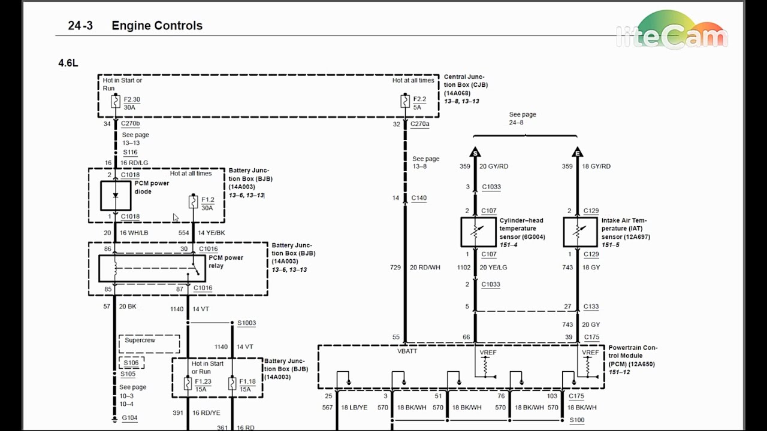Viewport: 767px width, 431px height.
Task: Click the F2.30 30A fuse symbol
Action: tap(116, 102)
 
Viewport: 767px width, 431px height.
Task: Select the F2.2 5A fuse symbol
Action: tap(405, 101)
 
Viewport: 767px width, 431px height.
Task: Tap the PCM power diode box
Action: tap(116, 196)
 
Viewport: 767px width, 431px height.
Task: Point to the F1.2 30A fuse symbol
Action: tap(193, 202)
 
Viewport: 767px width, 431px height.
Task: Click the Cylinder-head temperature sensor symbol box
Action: tap(478, 232)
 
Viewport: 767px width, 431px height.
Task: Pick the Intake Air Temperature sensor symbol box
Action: tap(581, 232)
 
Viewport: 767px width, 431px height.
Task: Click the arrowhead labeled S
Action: tap(475, 152)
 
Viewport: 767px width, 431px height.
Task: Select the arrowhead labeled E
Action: tap(577, 152)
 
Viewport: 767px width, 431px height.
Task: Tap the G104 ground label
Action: tap(130, 418)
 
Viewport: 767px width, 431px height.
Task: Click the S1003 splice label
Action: tap(246, 323)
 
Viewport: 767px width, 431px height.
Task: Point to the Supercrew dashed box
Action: tap(149, 344)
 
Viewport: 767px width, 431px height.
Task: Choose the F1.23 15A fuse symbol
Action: tap(188, 383)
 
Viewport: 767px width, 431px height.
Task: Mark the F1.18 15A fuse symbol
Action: tap(232, 383)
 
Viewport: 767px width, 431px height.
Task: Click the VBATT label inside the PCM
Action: tap(407, 351)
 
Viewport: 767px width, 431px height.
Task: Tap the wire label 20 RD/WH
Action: tap(425, 268)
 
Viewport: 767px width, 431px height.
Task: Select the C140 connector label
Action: tap(419, 198)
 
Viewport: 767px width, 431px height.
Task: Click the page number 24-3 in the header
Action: tap(80, 26)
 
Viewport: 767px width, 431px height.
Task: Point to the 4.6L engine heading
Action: tap(68, 63)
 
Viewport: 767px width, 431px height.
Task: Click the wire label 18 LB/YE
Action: tap(354, 408)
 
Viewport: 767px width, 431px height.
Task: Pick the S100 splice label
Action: tap(577, 420)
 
